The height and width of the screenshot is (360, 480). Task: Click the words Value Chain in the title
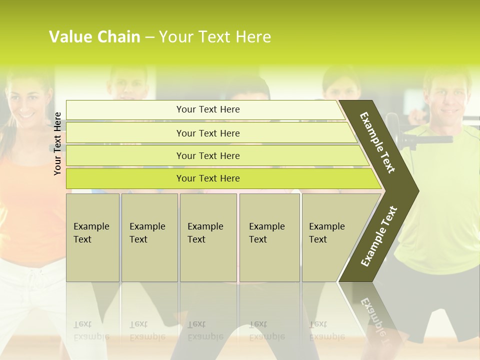pyautogui.click(x=94, y=37)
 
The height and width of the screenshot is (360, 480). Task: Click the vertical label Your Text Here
pyautogui.click(x=57, y=143)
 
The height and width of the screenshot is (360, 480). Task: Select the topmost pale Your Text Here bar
pyautogui.click(x=207, y=109)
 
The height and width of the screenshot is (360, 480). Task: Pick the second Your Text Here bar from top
pyautogui.click(x=207, y=133)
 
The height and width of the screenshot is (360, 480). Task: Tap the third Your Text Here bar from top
pyautogui.click(x=207, y=155)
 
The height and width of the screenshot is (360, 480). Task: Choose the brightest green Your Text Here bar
pyautogui.click(x=207, y=178)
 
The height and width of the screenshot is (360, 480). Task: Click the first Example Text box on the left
pyautogui.click(x=92, y=237)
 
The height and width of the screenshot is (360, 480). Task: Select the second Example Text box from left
pyautogui.click(x=149, y=237)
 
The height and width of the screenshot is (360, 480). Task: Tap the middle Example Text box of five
pyautogui.click(x=208, y=237)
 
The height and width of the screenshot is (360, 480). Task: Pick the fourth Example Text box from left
pyautogui.click(x=269, y=237)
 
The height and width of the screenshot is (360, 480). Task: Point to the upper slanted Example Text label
pyautogui.click(x=378, y=142)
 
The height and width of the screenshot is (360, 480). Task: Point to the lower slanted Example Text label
pyautogui.click(x=379, y=236)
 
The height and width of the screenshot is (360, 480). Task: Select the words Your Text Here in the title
pyautogui.click(x=215, y=37)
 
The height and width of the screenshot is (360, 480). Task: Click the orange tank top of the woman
pyautogui.click(x=30, y=210)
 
